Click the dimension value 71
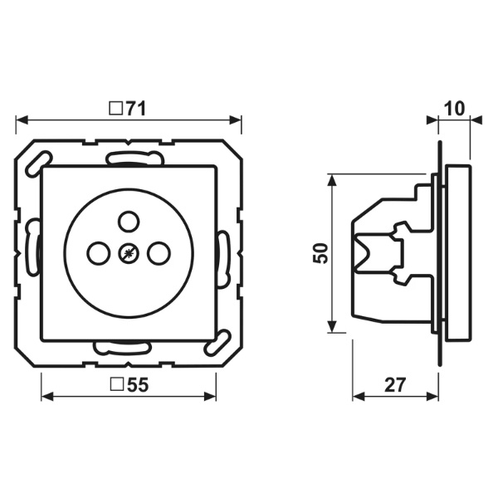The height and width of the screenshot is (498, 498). tap(136, 109)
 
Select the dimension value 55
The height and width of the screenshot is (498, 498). tap(138, 385)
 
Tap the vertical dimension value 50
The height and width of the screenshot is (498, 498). tap(320, 253)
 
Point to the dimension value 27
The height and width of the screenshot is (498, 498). tap(395, 385)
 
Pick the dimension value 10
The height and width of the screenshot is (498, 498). tap(454, 109)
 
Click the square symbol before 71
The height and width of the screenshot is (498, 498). tap(116, 108)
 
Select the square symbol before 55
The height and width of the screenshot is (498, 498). tap(117, 384)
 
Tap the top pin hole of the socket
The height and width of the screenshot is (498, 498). tap(129, 221)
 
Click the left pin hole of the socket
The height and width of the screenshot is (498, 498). tap(99, 253)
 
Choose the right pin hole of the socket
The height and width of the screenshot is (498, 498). tap(159, 253)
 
